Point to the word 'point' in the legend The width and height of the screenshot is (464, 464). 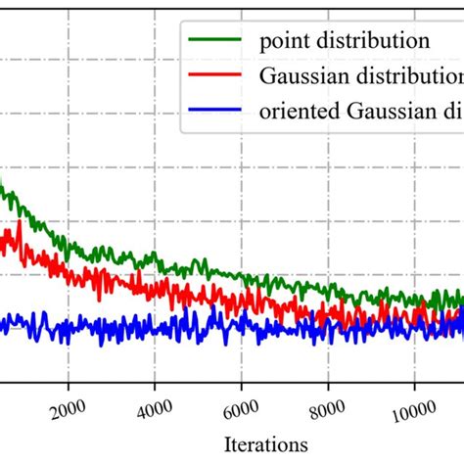point(282,41)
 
